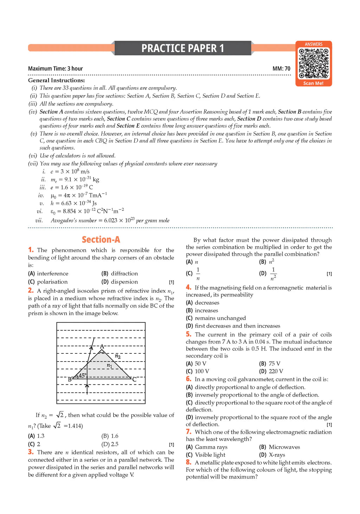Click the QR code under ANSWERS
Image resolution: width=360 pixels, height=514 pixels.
(313, 63)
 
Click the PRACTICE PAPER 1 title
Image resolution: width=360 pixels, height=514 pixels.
(182, 48)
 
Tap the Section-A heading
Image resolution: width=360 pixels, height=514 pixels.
(101, 240)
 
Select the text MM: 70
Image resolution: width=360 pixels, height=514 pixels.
(281, 69)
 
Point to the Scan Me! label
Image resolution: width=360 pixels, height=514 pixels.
(313, 83)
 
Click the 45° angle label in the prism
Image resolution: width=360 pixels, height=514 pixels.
(82, 375)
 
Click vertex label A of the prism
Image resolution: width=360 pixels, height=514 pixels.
(102, 346)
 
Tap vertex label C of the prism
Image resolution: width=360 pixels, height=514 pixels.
(134, 379)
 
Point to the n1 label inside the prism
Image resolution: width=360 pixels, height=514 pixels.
(109, 366)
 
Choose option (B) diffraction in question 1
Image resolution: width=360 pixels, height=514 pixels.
(120, 273)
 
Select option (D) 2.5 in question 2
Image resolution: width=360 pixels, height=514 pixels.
(110, 444)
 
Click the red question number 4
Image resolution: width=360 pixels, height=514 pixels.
(188, 287)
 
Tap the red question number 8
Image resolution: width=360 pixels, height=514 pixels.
(188, 462)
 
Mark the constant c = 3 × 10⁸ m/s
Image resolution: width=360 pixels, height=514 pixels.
(70, 171)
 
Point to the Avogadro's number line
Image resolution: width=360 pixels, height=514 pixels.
(110, 220)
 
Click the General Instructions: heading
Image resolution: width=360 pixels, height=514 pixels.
(56, 80)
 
